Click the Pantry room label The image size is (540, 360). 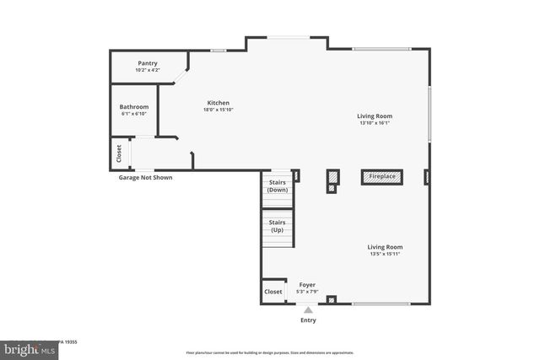pyautogui.click(x=148, y=63)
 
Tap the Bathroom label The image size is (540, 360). pyautogui.click(x=133, y=107)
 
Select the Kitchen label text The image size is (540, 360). pyautogui.click(x=218, y=103)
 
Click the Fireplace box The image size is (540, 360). pyautogui.click(x=382, y=176)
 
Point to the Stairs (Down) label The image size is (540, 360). pyautogui.click(x=277, y=186)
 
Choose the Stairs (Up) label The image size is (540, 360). pyautogui.click(x=277, y=226)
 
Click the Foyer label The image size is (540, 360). pyautogui.click(x=307, y=285)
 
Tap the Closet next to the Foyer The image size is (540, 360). pyautogui.click(x=273, y=292)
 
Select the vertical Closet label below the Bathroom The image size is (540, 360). pyautogui.click(x=119, y=153)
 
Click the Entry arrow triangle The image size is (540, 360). pyautogui.click(x=308, y=309)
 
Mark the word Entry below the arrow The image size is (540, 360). pyautogui.click(x=308, y=320)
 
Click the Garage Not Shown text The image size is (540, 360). pyautogui.click(x=145, y=178)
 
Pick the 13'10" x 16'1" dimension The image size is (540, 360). pyautogui.click(x=374, y=123)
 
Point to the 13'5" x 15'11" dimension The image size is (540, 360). pyautogui.click(x=385, y=254)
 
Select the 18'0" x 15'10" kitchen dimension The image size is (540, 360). pyautogui.click(x=218, y=110)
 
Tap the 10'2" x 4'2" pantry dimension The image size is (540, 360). pyautogui.click(x=148, y=70)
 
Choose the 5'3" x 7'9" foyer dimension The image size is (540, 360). pyautogui.click(x=307, y=292)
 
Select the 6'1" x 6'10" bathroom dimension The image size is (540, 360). pyautogui.click(x=133, y=114)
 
